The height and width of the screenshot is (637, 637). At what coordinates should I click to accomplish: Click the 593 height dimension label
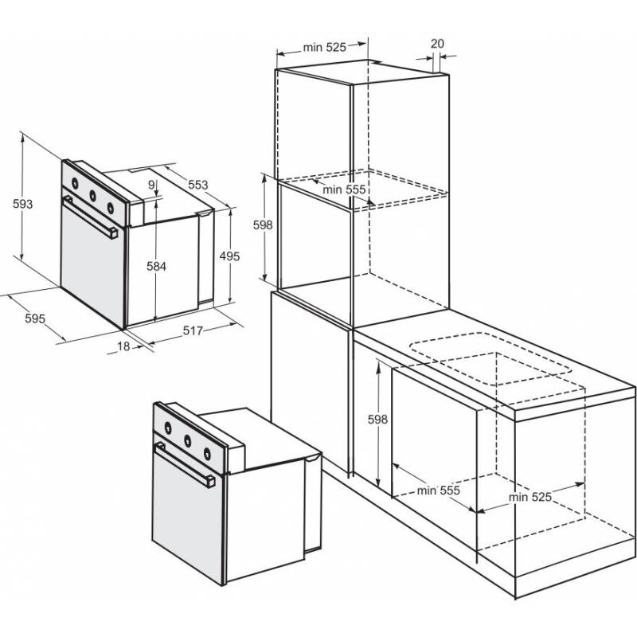[x=23, y=204]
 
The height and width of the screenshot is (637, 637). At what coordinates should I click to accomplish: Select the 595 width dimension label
[x=35, y=318]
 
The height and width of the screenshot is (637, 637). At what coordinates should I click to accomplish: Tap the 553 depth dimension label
[x=197, y=185]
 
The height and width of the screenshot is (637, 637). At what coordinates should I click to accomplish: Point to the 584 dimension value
[x=156, y=267]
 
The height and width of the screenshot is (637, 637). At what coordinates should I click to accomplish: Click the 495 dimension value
[x=229, y=256]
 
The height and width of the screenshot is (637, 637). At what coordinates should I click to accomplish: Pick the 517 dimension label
[x=193, y=330]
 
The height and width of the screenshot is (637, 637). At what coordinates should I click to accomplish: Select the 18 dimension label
[x=123, y=346]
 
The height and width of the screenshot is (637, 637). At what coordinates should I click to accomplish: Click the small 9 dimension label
[x=151, y=185]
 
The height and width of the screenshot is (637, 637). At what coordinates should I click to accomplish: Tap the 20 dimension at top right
[x=437, y=44]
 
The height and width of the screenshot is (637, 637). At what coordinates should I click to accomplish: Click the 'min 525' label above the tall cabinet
[x=325, y=48]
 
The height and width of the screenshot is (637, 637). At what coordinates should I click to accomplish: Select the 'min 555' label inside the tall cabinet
[x=344, y=190]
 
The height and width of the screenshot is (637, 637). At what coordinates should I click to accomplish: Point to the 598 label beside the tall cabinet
[x=263, y=225]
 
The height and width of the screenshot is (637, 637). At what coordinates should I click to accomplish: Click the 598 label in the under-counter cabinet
[x=377, y=420]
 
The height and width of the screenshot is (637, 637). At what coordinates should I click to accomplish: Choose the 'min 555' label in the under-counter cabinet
[x=439, y=490]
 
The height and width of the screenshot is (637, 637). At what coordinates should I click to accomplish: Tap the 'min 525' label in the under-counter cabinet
[x=530, y=497]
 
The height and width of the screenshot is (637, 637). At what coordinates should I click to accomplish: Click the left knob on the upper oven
[x=75, y=183]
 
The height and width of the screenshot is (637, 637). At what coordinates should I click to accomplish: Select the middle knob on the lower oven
[x=188, y=440]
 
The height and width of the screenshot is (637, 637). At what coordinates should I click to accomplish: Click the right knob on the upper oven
[x=111, y=208]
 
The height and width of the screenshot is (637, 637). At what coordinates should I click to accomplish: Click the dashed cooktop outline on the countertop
[x=490, y=359]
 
